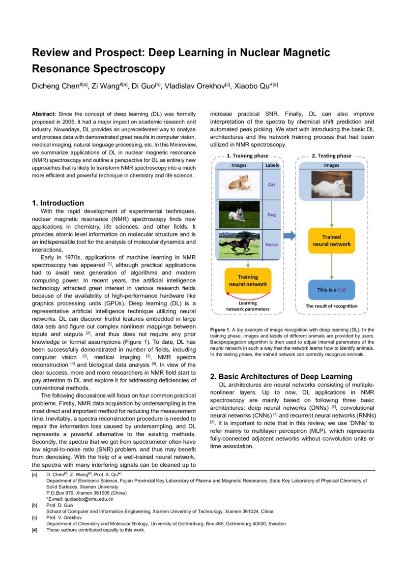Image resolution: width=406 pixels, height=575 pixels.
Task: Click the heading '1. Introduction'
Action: pyautogui.click(x=58, y=203)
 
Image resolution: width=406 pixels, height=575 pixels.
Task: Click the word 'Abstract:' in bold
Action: pyautogui.click(x=44, y=114)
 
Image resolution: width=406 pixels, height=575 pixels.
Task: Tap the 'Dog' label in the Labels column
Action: pyautogui.click(x=271, y=214)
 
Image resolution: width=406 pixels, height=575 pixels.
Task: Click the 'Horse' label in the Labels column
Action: pyautogui.click(x=271, y=244)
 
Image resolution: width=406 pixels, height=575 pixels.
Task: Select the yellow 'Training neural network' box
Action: pyautogui.click(x=248, y=280)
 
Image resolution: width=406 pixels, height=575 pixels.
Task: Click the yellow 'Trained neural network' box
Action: pyautogui.click(x=331, y=241)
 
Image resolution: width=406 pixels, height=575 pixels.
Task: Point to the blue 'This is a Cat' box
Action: pyautogui.click(x=331, y=290)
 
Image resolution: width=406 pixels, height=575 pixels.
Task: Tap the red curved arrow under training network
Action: pyautogui.click(x=248, y=296)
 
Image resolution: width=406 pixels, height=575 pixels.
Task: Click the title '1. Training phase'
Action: pyautogui.click(x=246, y=156)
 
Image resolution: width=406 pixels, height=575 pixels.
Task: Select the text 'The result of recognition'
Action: pyautogui.click(x=331, y=306)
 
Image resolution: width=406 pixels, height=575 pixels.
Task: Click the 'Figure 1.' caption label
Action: pyautogui.click(x=220, y=330)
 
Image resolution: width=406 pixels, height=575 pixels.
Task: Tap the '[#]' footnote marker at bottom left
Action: pyautogui.click(x=34, y=530)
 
